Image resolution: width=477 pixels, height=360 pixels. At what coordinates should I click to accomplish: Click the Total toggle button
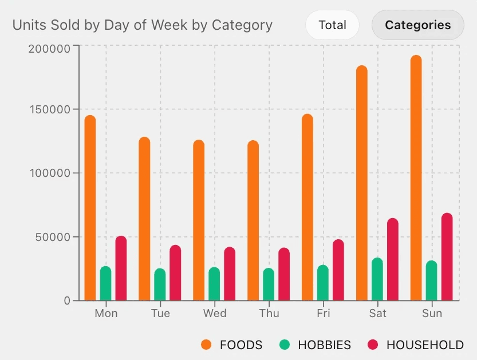332,25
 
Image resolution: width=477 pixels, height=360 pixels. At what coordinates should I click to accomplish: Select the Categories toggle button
417,25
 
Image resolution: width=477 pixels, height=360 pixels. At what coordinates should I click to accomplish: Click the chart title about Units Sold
143,25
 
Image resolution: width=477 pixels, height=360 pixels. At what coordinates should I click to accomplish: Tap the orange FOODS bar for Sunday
416,177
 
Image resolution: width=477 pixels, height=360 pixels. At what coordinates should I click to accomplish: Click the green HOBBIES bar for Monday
105,283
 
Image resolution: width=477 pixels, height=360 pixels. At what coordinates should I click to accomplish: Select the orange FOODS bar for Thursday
253,220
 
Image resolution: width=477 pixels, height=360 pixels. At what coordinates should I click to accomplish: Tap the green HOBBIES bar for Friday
323,283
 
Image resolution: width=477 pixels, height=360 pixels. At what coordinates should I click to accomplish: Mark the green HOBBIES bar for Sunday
431,280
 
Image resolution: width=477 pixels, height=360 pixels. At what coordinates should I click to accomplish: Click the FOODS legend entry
232,345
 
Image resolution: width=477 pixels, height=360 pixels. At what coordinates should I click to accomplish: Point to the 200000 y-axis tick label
49,48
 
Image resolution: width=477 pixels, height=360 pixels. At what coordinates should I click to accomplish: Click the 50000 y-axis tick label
52,237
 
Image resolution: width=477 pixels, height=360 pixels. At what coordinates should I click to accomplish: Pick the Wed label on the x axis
215,314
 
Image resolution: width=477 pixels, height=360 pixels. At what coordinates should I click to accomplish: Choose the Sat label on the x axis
377,314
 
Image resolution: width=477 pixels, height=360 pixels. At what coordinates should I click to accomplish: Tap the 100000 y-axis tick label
49,173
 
